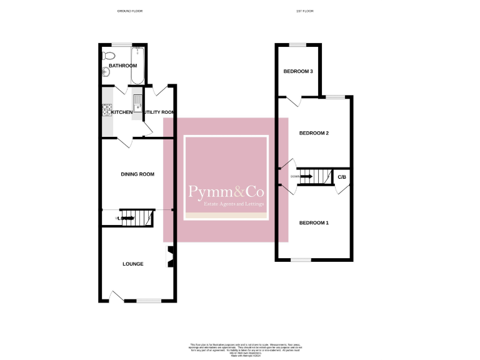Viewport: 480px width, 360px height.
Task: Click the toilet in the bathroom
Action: [x=106, y=56]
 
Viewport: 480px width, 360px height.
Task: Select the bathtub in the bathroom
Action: [x=138, y=65]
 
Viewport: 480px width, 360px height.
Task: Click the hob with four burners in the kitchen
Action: [x=106, y=109]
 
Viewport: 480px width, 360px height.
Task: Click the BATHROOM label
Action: [x=122, y=66]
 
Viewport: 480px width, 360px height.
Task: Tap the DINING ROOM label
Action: [x=137, y=174]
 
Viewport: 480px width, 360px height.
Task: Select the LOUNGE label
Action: [x=132, y=264]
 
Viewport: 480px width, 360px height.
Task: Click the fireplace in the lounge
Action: [x=169, y=257]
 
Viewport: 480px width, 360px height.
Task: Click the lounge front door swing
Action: [x=116, y=295]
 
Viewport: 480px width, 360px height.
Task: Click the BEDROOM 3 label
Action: [x=298, y=71]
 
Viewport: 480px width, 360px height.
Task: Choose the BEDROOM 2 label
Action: [x=314, y=133]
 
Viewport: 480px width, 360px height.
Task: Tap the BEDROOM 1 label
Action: [x=314, y=223]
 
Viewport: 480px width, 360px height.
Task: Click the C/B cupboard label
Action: [x=342, y=177]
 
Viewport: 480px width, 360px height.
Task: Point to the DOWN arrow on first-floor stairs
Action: [x=306, y=176]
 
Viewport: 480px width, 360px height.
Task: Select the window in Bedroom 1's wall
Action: [x=301, y=259]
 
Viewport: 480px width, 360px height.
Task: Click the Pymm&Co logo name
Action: [x=226, y=192]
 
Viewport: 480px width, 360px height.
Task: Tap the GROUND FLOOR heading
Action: [x=130, y=11]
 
